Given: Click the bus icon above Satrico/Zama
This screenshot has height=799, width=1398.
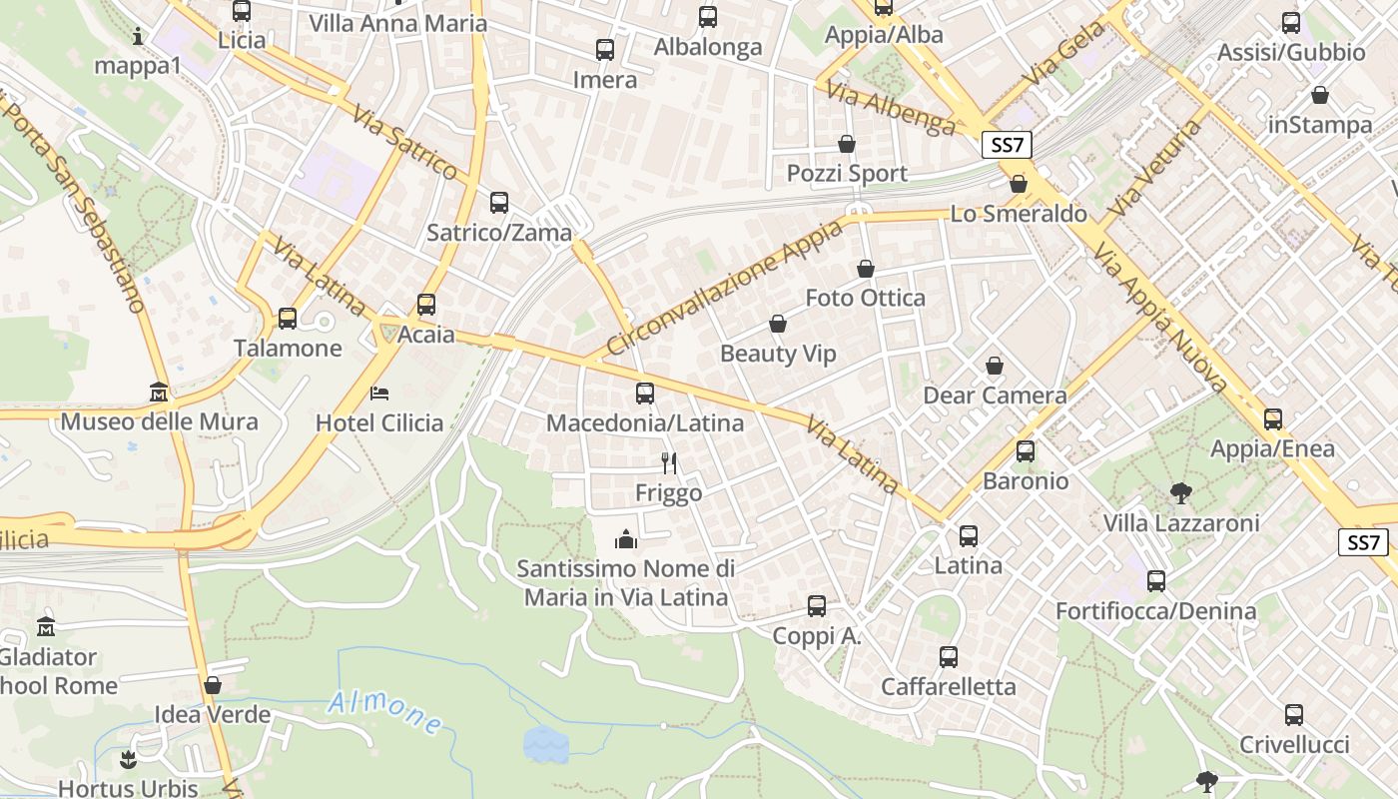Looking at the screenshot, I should click(499, 203).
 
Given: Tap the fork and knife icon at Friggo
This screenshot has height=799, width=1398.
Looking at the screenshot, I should click(669, 462).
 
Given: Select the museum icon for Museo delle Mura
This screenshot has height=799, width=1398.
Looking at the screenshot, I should click(159, 392).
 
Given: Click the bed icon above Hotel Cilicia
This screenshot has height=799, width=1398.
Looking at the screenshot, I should click(379, 393).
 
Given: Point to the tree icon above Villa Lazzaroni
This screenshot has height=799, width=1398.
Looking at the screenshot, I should click(1180, 492).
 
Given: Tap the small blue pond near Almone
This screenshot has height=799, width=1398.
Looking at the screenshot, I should click(546, 744).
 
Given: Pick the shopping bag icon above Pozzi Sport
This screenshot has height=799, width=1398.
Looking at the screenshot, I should click(847, 144).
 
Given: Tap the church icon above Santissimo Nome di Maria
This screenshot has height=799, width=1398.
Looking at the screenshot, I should click(626, 540).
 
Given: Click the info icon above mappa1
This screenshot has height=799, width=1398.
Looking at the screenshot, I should click(138, 37).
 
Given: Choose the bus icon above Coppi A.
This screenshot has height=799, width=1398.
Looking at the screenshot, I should click(817, 605).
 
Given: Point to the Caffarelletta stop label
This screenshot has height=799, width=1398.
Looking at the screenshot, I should click(948, 687).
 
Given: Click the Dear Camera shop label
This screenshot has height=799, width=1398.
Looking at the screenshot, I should click(995, 396).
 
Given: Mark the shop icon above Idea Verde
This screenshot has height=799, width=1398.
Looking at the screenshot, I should click(213, 685).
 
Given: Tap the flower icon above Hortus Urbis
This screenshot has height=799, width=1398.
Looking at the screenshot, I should click(128, 760).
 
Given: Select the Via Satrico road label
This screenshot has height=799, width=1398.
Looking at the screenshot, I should click(403, 141).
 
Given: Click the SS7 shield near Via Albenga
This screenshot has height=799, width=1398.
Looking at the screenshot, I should click(1008, 145).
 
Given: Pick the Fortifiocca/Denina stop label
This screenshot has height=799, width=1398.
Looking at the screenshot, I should click(1155, 610).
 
